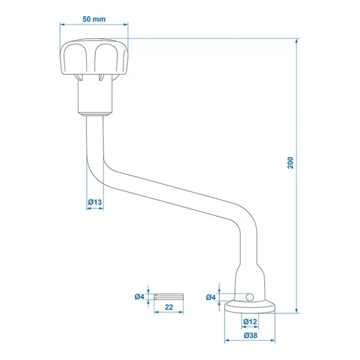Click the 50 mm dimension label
pyautogui.click(x=94, y=19)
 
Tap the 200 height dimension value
pyautogui.click(x=290, y=162)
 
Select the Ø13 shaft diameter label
pyautogui.click(x=95, y=203)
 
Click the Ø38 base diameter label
pyautogui.click(x=250, y=335)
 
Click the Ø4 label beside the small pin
pyautogui.click(x=140, y=297)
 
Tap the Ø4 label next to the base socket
pyautogui.click(x=211, y=297)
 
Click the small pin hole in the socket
pyautogui.click(x=250, y=297)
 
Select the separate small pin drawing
pyautogui.click(x=168, y=297)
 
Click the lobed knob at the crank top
pyautogui.click(x=94, y=57)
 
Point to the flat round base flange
pyautogui.click(x=250, y=307)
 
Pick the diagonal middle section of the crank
pyautogui.click(x=172, y=195)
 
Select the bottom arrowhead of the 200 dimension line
pyautogui.click(x=297, y=311)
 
